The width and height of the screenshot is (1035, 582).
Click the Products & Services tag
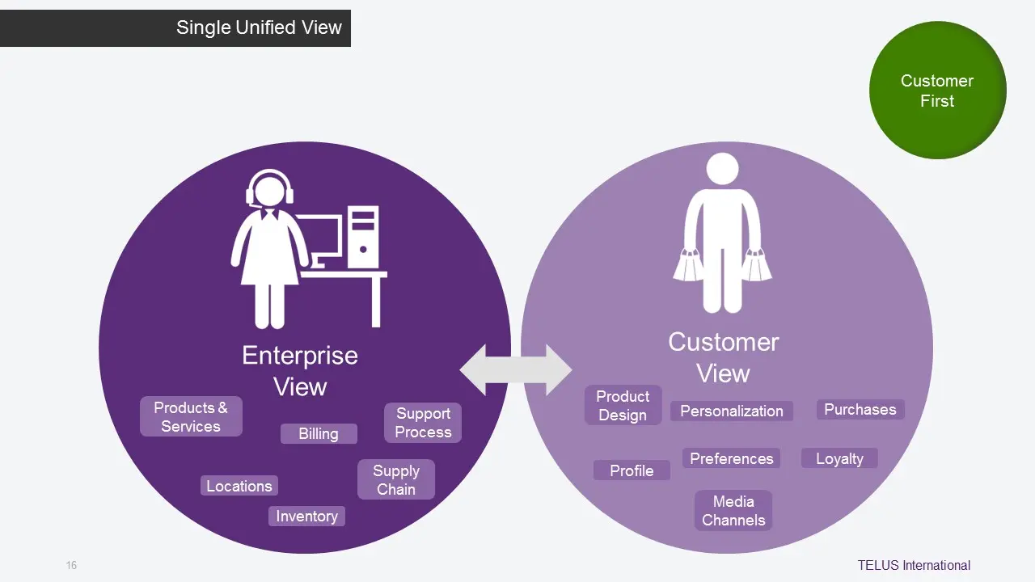(x=191, y=417)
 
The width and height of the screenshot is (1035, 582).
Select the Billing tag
(x=319, y=434)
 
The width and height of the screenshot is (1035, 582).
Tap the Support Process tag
(x=423, y=423)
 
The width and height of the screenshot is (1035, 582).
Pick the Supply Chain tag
(x=396, y=479)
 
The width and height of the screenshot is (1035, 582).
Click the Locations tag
(x=239, y=486)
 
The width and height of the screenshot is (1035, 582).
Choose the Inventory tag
(x=306, y=517)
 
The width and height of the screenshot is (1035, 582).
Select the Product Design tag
(x=623, y=405)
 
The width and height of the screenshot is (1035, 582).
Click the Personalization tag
(x=732, y=411)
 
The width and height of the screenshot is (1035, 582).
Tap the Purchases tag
(x=860, y=409)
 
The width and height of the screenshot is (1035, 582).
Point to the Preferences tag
(x=732, y=458)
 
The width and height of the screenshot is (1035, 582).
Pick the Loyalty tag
(x=839, y=458)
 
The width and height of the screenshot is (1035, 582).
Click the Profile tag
(x=632, y=470)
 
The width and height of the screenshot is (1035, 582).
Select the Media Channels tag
(x=733, y=511)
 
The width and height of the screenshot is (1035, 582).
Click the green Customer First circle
(x=938, y=91)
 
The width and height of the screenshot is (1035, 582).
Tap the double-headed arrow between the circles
(x=516, y=370)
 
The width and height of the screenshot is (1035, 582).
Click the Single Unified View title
(x=259, y=27)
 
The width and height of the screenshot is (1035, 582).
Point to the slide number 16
(x=71, y=565)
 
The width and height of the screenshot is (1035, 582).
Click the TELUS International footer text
(x=914, y=565)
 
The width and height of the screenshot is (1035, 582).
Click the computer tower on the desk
(x=362, y=238)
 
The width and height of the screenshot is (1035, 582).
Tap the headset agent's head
(x=270, y=191)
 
